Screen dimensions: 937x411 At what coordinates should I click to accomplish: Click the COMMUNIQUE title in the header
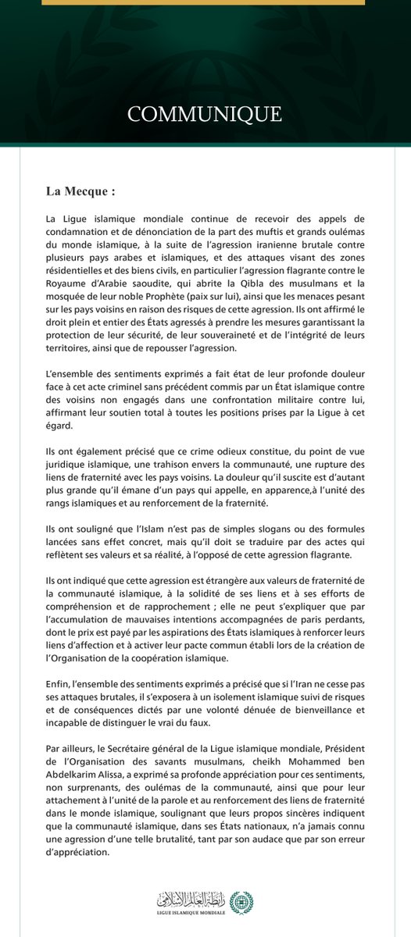coord(205,114)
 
